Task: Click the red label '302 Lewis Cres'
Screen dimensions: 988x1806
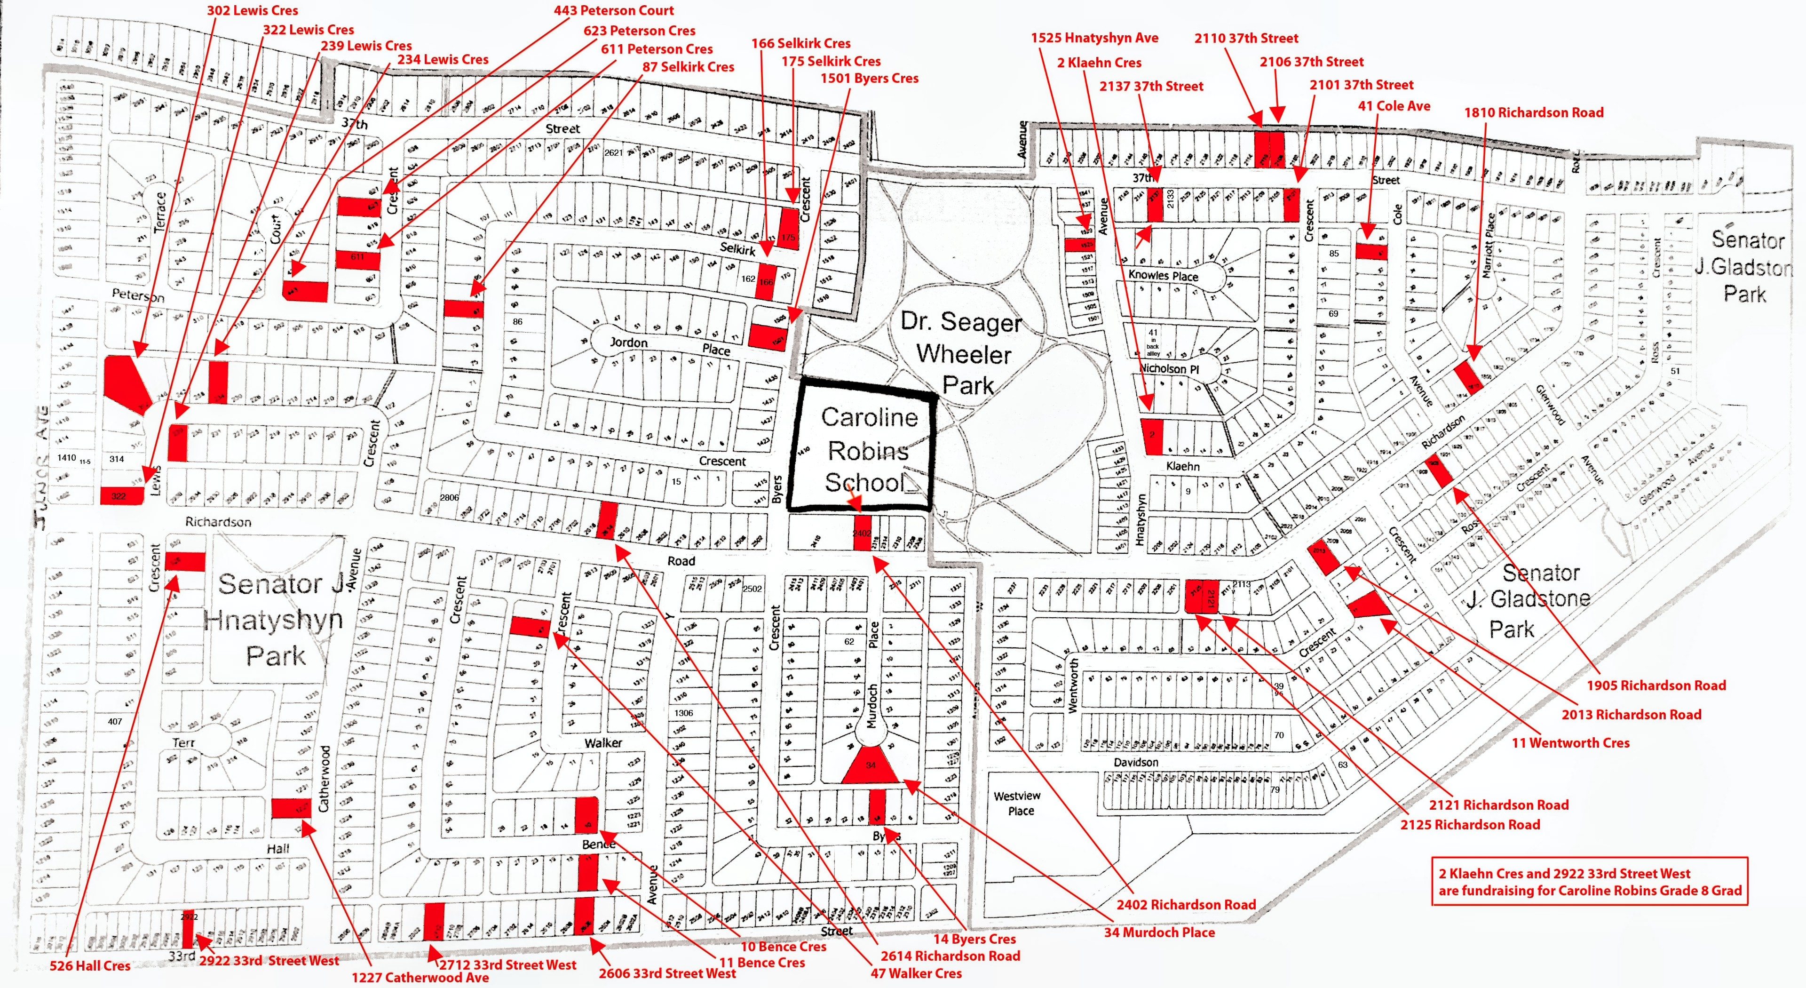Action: click(x=253, y=10)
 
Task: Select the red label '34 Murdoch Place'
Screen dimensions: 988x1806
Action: click(x=1159, y=932)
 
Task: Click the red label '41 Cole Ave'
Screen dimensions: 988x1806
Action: click(x=1394, y=106)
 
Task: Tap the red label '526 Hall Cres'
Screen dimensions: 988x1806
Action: click(x=90, y=965)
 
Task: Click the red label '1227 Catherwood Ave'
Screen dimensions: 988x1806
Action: click(x=420, y=977)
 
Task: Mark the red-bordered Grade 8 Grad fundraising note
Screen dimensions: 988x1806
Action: click(x=1589, y=881)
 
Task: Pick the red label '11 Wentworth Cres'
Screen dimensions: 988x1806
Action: click(x=1570, y=742)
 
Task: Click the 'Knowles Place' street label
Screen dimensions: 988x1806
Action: click(x=1163, y=276)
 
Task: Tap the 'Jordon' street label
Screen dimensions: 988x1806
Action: click(x=628, y=342)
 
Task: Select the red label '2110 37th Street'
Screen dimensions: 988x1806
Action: click(x=1246, y=38)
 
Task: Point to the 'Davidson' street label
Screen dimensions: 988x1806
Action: click(x=1136, y=762)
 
